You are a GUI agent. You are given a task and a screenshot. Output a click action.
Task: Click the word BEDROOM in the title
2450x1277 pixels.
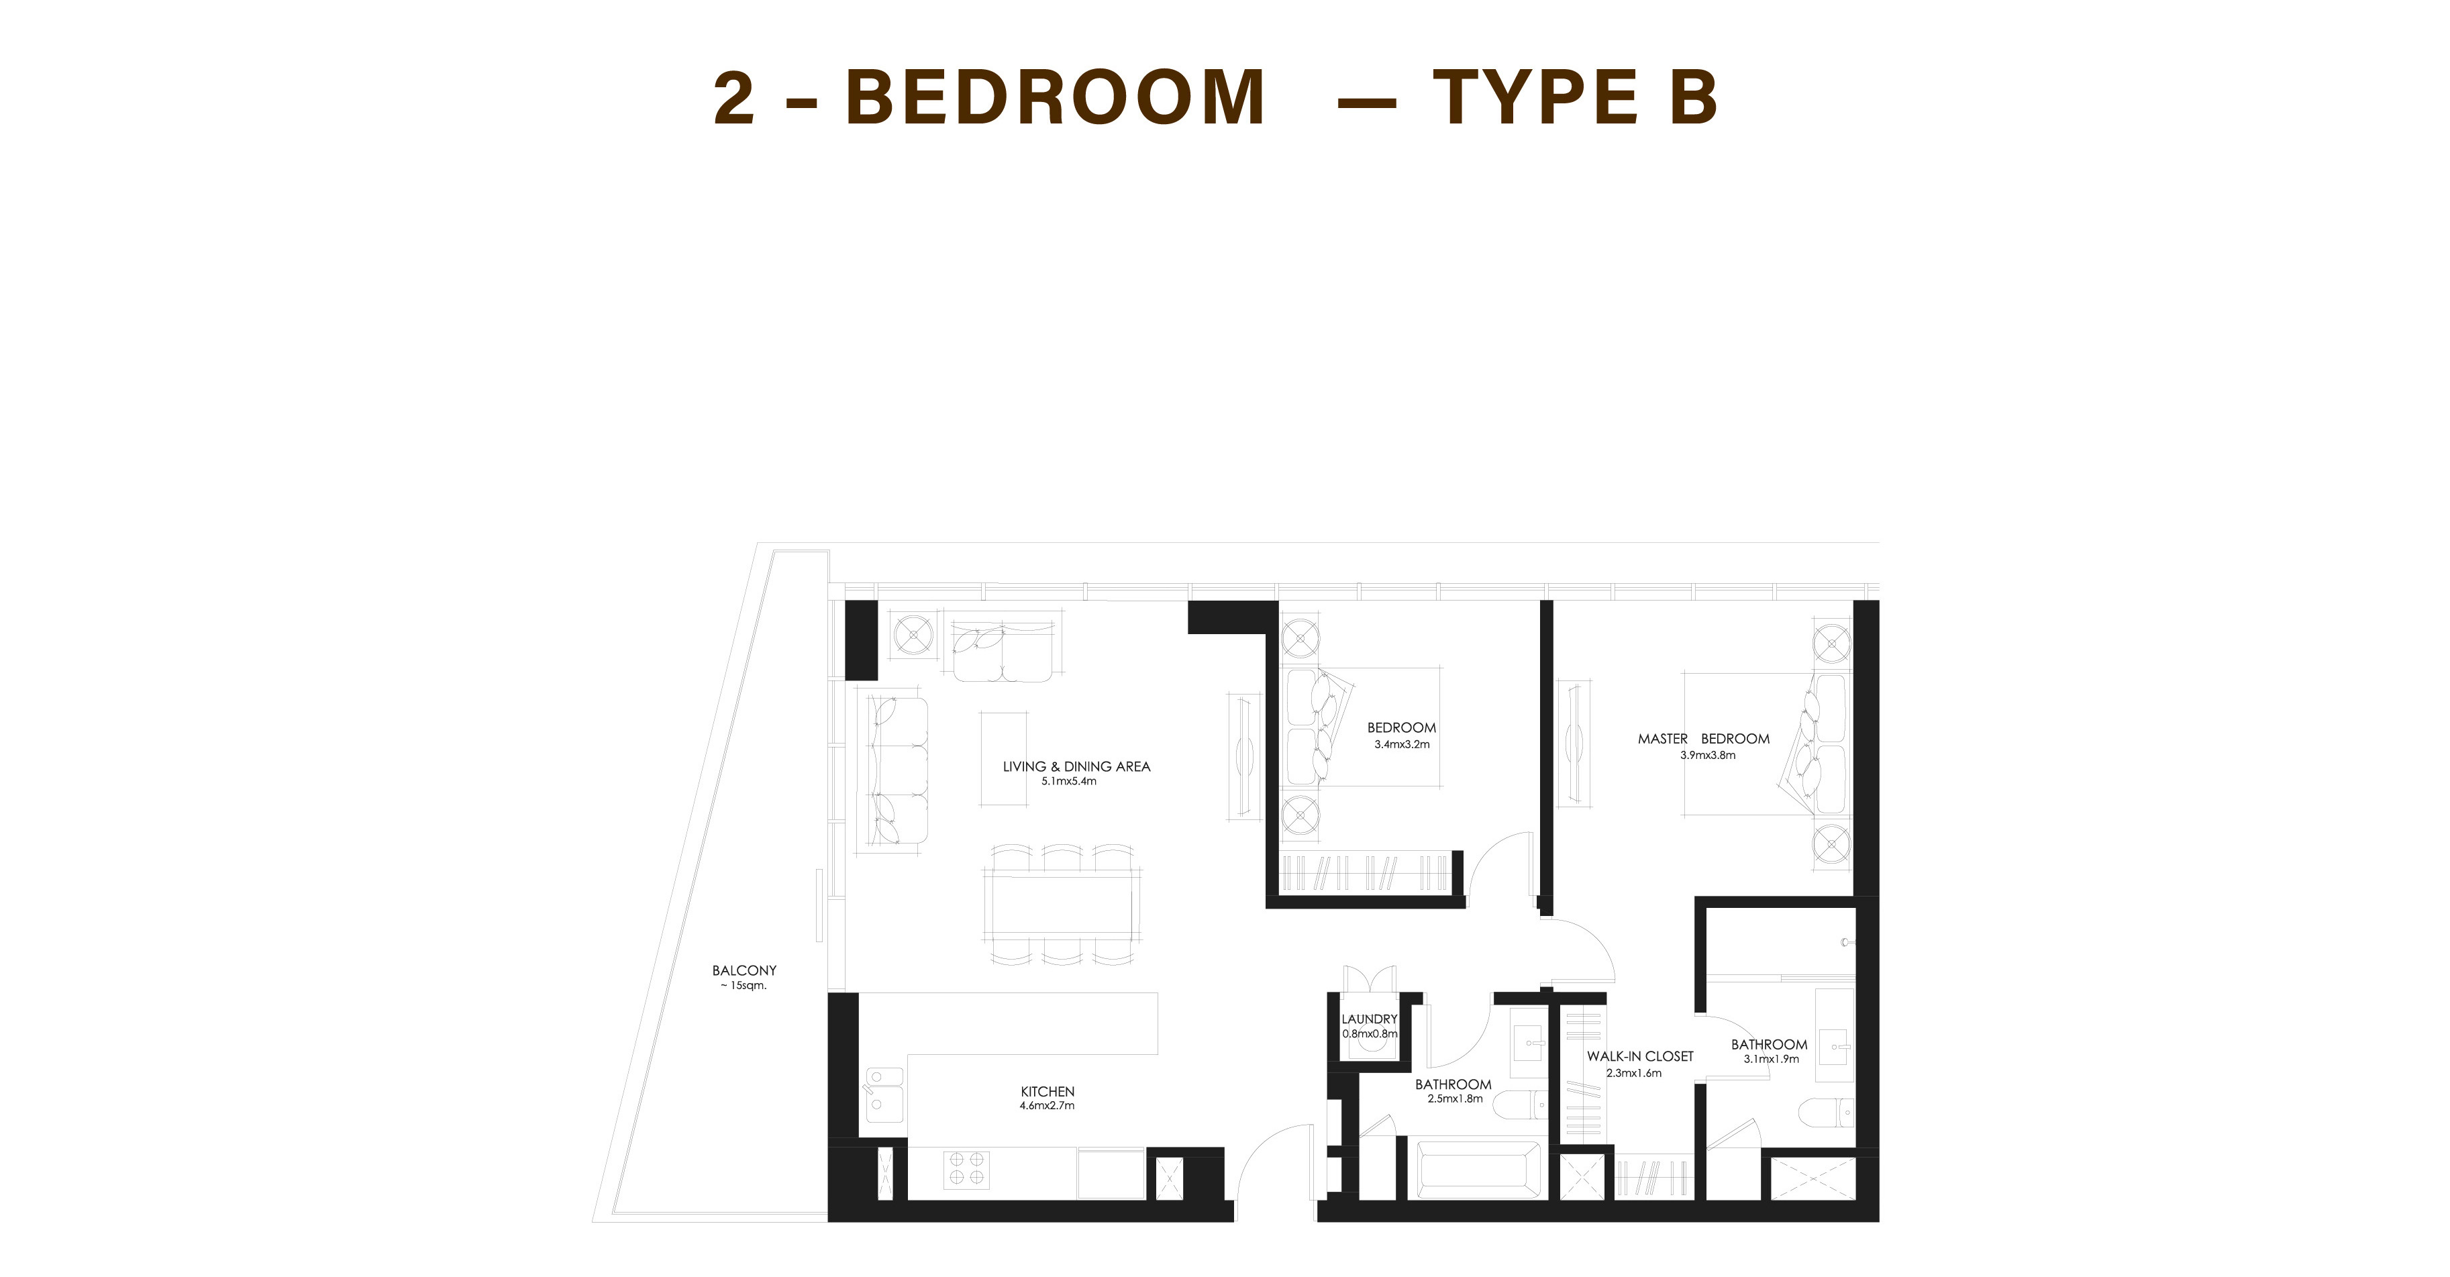(x=1056, y=97)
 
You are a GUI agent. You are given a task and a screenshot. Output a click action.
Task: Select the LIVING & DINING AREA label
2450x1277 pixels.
(x=1076, y=766)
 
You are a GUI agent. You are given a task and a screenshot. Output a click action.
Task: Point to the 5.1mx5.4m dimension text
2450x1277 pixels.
(x=1069, y=782)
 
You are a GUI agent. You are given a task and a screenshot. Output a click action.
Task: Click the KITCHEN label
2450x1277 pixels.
(x=1047, y=1092)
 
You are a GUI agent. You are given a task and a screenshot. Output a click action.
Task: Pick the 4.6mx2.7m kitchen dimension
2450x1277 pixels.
(x=1047, y=1106)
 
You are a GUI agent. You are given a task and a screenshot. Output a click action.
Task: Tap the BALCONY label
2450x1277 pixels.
(x=745, y=971)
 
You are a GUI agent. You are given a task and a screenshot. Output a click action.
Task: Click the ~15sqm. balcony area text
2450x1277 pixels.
(x=744, y=986)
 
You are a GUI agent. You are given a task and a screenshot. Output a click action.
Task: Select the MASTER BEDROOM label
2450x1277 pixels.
(x=1703, y=739)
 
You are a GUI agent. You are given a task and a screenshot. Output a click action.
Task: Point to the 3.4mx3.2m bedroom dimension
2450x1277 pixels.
(x=1402, y=744)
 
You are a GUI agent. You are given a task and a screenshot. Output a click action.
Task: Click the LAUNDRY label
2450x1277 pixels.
(x=1370, y=1019)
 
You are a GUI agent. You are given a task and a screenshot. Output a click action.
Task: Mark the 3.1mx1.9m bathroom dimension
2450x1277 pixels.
(x=1771, y=1060)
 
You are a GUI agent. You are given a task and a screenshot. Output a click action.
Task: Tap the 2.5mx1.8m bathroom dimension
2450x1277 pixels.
(x=1455, y=1099)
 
